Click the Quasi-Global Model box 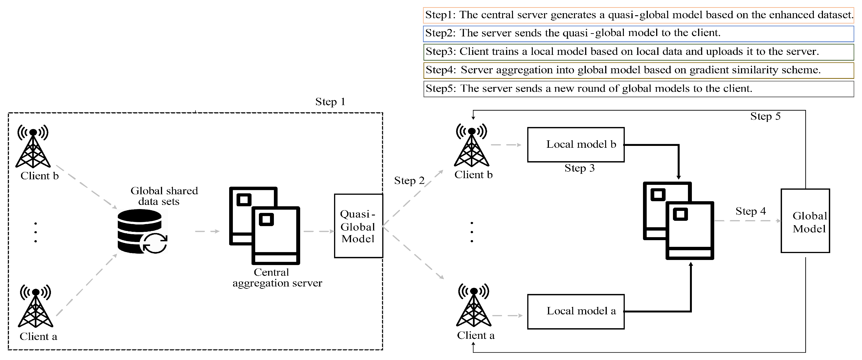(358, 226)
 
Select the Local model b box (576, 145)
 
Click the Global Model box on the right (805, 221)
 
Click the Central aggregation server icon (264, 226)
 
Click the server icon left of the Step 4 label (679, 221)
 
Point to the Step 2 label (409, 181)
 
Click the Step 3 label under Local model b (579, 168)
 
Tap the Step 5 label (765, 116)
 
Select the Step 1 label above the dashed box (330, 102)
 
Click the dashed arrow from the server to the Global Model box (747, 221)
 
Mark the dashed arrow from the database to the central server (207, 231)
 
